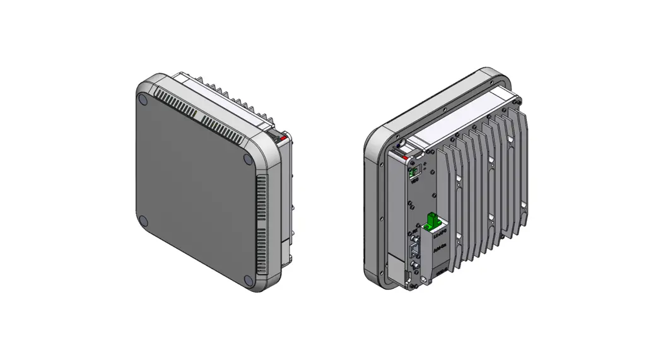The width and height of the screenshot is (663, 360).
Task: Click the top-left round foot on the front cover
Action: pos(143,100)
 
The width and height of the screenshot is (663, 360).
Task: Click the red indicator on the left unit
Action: pos(285,137)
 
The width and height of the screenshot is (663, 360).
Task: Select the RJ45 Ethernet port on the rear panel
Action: pos(414,250)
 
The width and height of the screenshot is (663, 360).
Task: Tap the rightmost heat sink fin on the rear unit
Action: pos(520,164)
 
